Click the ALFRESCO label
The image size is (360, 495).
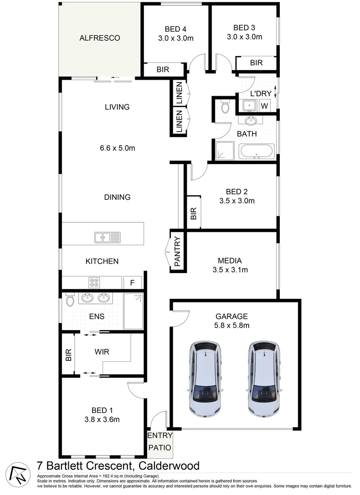pos(99,38)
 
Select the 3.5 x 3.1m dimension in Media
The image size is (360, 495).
pos(230,270)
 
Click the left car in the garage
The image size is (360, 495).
pos(205,379)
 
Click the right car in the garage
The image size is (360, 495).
pos(263,379)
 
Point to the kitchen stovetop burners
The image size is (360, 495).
pos(94,283)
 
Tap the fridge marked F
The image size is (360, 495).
pos(132,283)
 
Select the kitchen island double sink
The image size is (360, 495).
pos(108,237)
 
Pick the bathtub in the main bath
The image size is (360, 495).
pos(256,151)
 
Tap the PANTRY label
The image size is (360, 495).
pos(178,251)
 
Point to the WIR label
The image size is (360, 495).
pos(102,352)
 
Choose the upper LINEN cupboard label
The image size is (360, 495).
pos(179,93)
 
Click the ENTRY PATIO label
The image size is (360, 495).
pos(159,441)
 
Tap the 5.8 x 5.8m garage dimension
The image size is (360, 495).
pos(232,325)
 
